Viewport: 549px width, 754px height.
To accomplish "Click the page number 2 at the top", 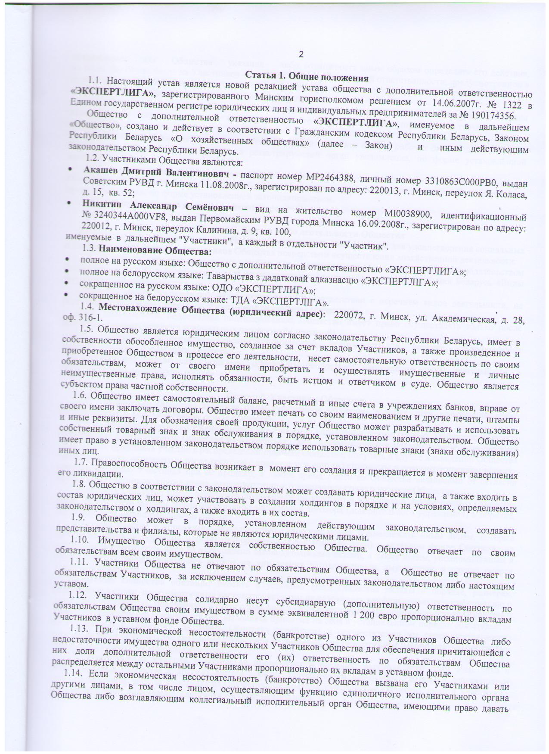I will coord(301,55).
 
